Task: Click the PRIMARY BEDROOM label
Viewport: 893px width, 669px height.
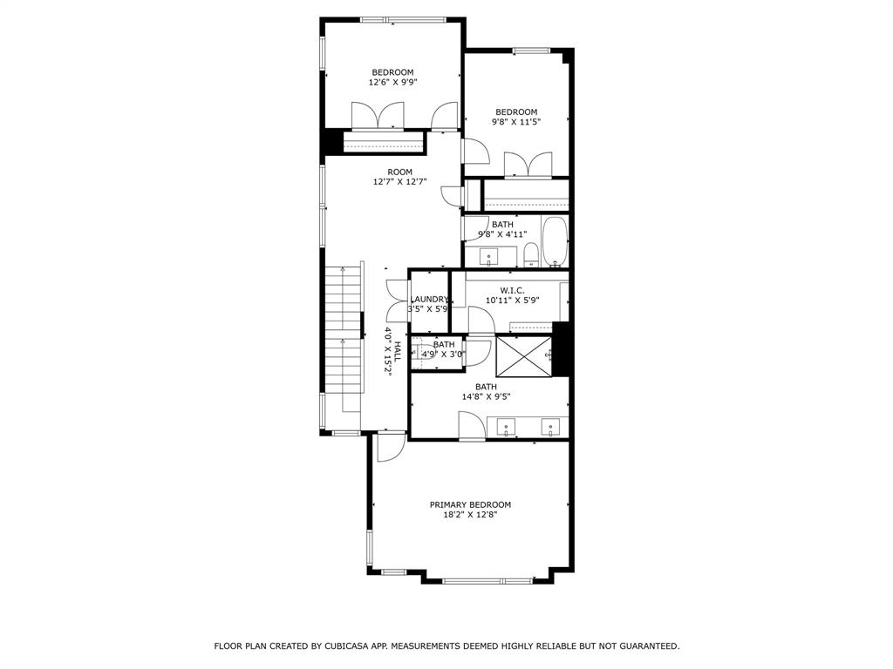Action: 470,504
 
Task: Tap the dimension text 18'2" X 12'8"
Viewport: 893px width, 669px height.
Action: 470,515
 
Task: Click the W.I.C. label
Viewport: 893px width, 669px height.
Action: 512,290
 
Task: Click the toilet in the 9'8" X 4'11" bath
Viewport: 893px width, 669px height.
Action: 530,254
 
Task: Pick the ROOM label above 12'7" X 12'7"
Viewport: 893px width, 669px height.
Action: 399,172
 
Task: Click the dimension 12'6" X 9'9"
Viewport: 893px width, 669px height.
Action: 392,83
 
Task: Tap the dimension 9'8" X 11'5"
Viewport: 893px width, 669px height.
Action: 516,122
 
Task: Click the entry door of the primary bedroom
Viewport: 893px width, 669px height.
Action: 389,446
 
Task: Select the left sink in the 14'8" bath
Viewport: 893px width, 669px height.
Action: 507,428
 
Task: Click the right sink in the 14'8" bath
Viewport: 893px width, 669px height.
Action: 550,428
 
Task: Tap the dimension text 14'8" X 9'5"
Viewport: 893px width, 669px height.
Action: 486,396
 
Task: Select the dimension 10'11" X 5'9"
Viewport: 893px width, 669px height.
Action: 512,300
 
